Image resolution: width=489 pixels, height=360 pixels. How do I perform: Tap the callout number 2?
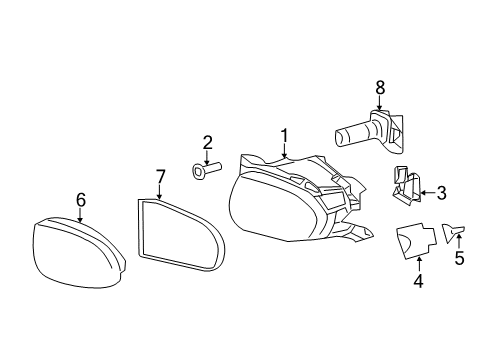coord(207,142)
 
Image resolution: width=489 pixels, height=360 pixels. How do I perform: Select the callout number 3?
coord(441,191)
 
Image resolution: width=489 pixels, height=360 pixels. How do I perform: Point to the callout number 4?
coord(418,281)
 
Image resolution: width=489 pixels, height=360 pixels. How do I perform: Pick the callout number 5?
coord(460,257)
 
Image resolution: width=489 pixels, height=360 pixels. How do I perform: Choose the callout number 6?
coord(81,199)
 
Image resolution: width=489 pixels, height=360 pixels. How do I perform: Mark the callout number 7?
coord(160,178)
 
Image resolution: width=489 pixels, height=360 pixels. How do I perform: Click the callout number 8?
coord(380,89)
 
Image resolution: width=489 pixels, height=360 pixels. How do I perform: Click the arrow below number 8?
coord(380,105)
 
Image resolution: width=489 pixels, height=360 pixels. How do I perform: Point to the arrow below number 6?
coord(81,214)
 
